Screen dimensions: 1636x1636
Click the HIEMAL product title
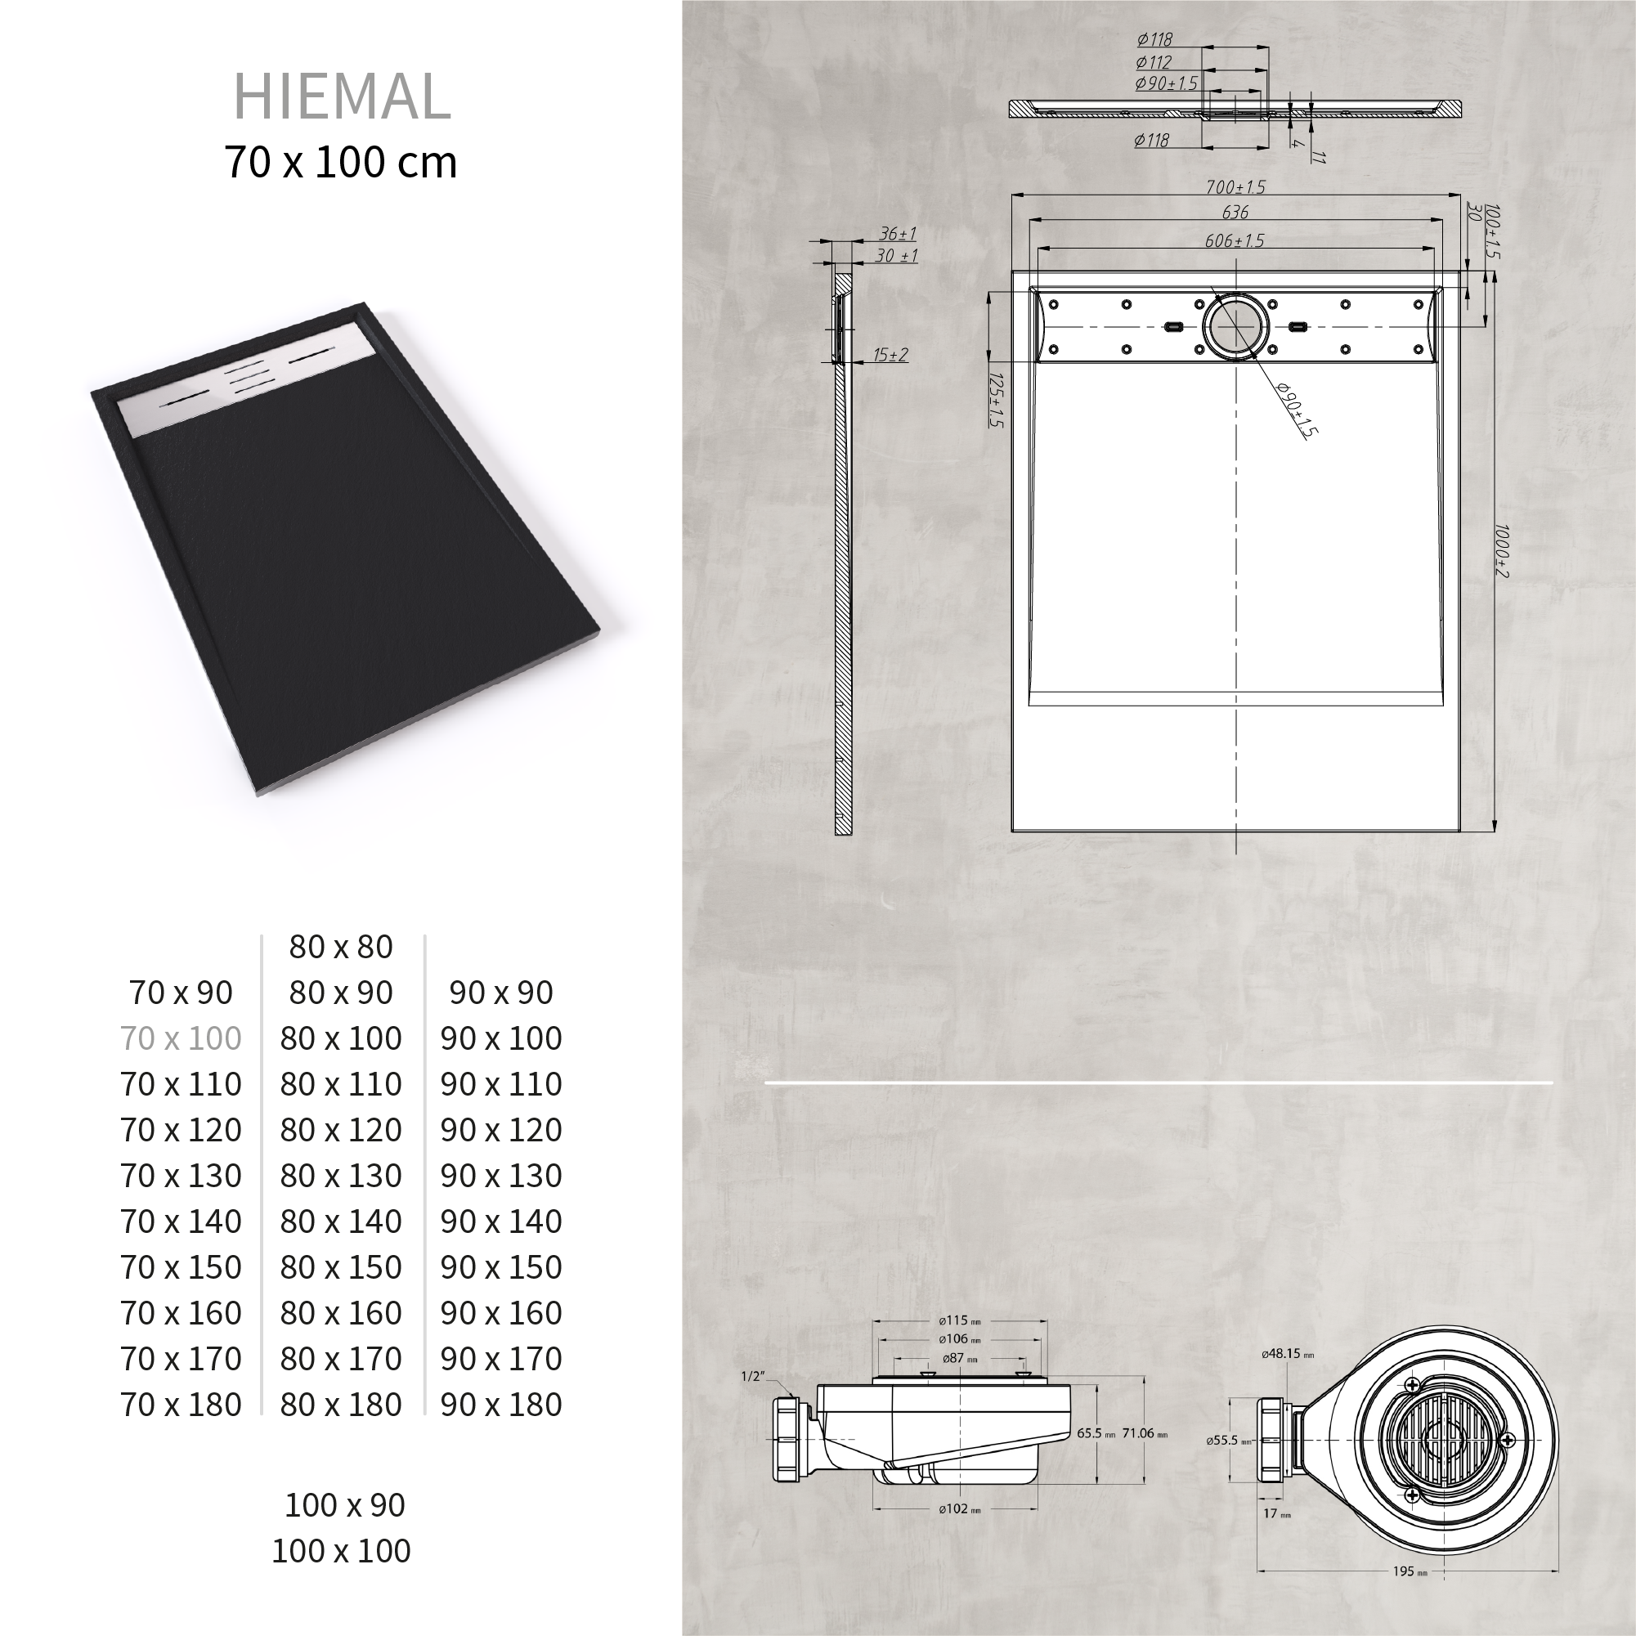(341, 96)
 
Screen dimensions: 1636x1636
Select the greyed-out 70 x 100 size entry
(182, 1038)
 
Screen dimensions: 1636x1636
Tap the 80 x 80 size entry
(341, 947)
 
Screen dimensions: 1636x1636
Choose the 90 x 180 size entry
(501, 1404)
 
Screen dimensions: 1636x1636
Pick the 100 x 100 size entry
(341, 1550)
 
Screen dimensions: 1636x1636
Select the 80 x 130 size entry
(341, 1176)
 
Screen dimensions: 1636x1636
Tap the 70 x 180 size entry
(182, 1404)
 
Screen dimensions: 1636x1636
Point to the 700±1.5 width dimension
(1235, 187)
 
